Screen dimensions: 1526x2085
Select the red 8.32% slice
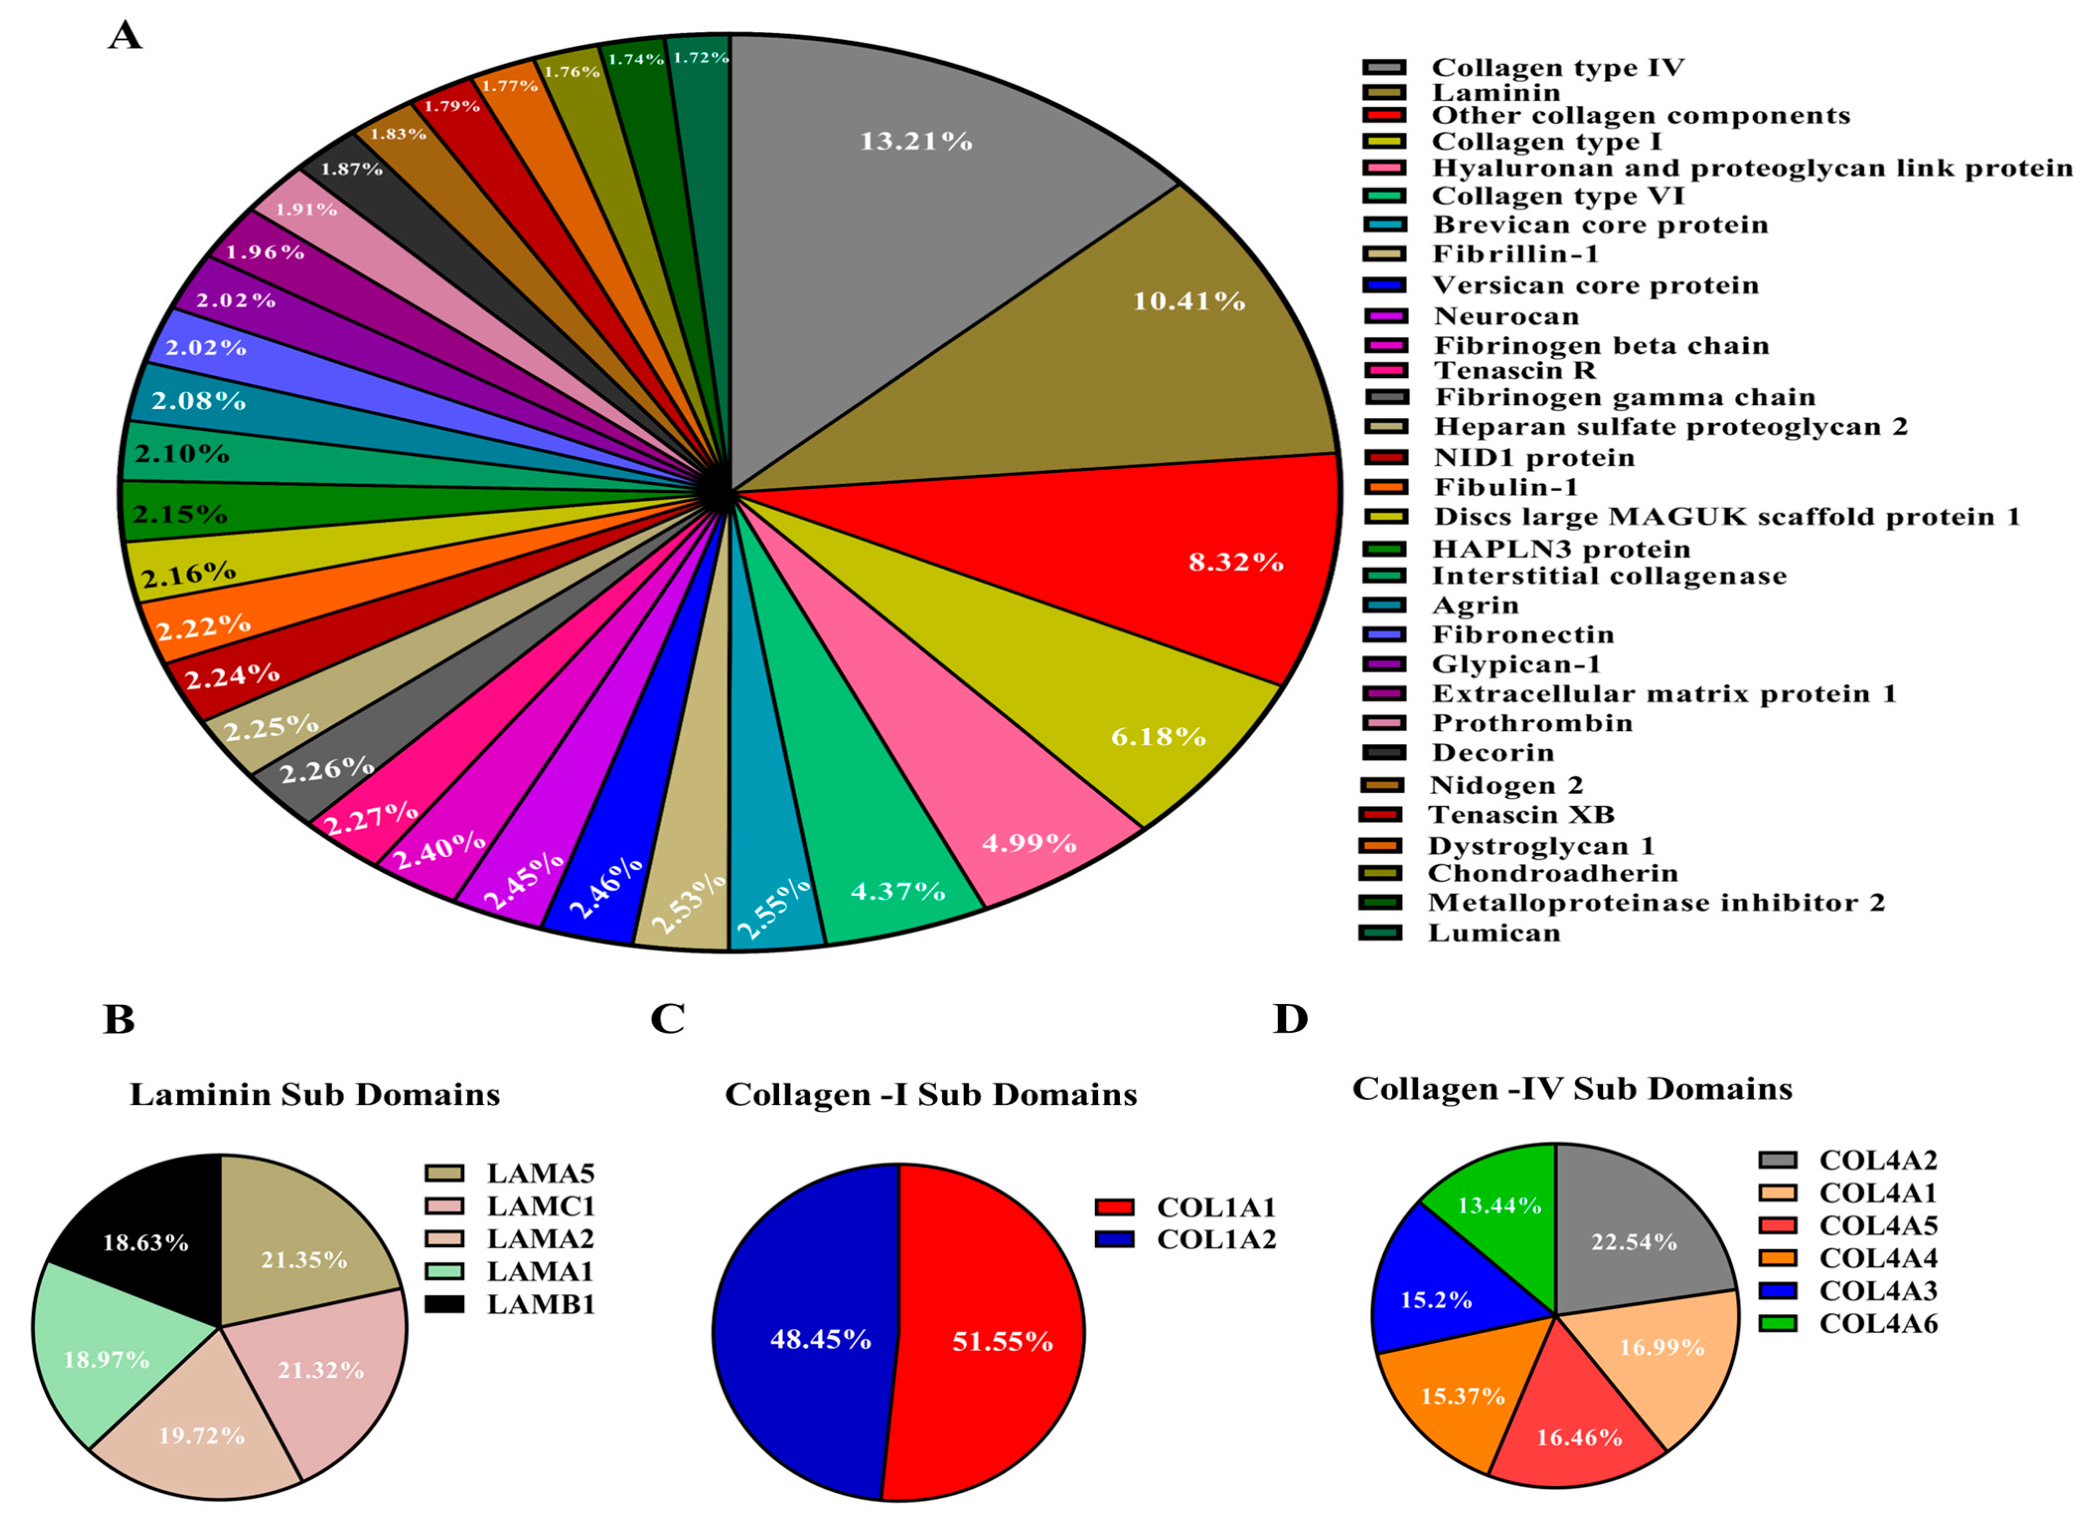pyautogui.click(x=1154, y=554)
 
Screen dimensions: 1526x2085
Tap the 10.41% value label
pyautogui.click(x=1189, y=301)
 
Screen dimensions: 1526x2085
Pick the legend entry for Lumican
pyautogui.click(x=1493, y=933)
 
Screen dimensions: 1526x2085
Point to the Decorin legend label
pyautogui.click(x=1492, y=753)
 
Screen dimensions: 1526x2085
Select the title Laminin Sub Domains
pyautogui.click(x=314, y=1095)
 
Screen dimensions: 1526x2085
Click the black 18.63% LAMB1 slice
pyautogui.click(x=148, y=1228)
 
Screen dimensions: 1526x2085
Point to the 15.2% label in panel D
pyautogui.click(x=1436, y=1299)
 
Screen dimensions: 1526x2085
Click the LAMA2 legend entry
pyautogui.click(x=540, y=1239)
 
